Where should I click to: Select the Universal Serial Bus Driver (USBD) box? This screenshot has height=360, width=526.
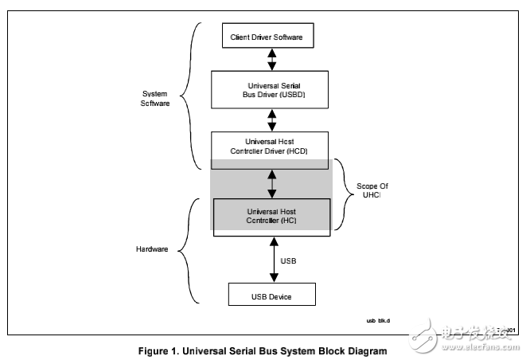(x=271, y=89)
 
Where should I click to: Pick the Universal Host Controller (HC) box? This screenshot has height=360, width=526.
(x=271, y=214)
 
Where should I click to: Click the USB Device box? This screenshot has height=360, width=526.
(x=271, y=296)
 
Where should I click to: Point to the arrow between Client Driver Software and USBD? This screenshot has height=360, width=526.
(x=272, y=58)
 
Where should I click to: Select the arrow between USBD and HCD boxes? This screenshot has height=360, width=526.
(x=272, y=119)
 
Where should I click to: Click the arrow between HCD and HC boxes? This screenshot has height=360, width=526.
(x=272, y=183)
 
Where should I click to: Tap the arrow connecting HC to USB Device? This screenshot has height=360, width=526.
(x=272, y=256)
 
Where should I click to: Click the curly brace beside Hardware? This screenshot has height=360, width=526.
(x=185, y=248)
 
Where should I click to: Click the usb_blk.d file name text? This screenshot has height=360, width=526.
(x=379, y=322)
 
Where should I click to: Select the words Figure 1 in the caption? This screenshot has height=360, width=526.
(x=158, y=350)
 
